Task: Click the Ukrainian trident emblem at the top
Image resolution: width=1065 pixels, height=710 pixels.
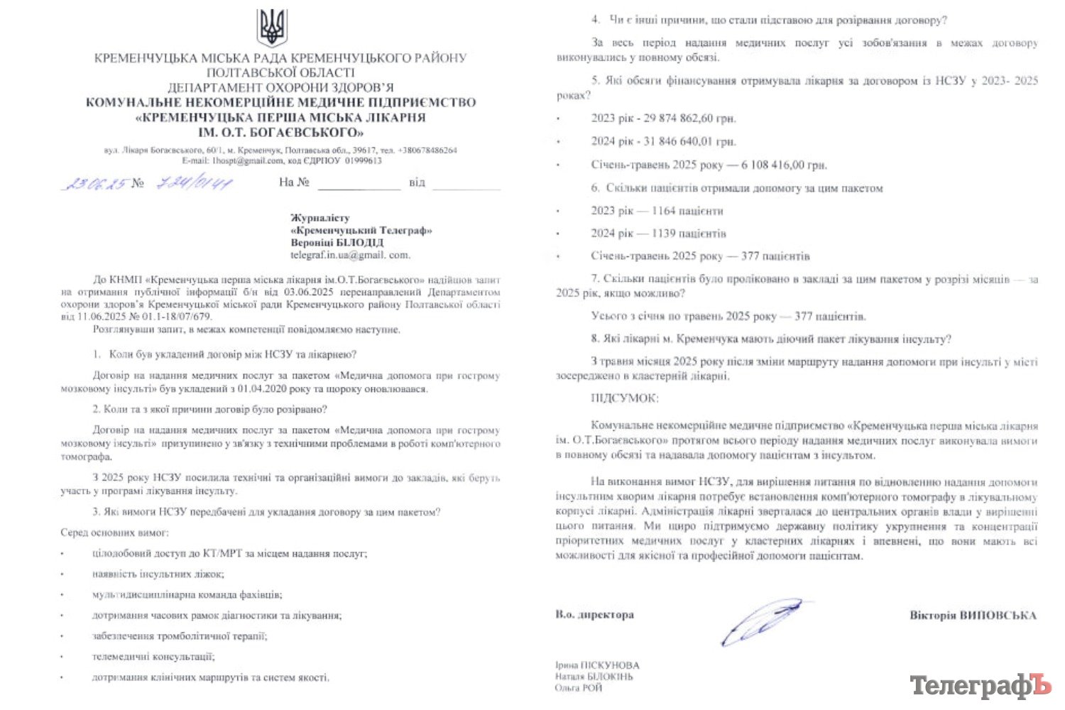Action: click(271, 27)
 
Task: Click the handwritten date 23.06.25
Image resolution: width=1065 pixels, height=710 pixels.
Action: click(95, 183)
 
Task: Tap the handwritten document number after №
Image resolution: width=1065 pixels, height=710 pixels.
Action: click(195, 183)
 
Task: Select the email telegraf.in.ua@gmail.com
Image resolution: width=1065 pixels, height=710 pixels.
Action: click(349, 255)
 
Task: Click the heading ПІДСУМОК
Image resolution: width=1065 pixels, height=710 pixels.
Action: click(624, 398)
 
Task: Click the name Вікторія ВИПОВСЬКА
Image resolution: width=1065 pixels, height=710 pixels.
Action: click(973, 616)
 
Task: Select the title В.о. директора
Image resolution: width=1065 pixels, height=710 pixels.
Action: click(594, 615)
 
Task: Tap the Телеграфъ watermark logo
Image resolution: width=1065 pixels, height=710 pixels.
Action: click(980, 685)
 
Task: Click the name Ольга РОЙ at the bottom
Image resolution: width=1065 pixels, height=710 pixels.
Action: click(579, 688)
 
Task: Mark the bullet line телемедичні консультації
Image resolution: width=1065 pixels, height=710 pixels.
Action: click(153, 657)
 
